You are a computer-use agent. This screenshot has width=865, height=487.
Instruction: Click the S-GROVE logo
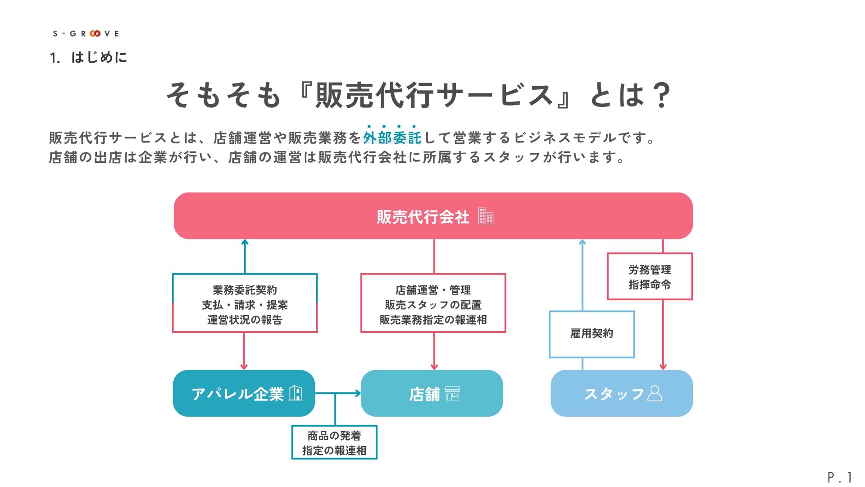pos(86,33)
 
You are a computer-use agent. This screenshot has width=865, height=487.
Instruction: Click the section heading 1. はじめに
pos(88,57)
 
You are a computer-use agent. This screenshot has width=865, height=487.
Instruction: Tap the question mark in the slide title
pos(661,95)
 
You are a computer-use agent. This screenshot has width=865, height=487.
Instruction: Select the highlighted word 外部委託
pos(392,138)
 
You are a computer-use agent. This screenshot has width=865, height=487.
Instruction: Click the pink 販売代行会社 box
pos(433,216)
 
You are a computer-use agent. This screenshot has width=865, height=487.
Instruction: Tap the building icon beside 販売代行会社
pos(486,216)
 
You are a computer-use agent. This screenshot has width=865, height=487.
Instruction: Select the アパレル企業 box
pos(244,393)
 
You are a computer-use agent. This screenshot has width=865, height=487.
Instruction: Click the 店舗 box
pos(432,393)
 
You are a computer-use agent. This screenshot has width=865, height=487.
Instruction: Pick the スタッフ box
pos(622,393)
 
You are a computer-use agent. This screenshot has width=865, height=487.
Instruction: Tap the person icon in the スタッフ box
pos(655,393)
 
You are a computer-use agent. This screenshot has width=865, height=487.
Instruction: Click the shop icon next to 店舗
pos(452,393)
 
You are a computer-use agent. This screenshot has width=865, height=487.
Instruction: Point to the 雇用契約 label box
pos(592,334)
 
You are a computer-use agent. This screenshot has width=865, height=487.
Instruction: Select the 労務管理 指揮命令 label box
pos(650,276)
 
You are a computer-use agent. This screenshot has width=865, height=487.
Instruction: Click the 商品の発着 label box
pos(334,442)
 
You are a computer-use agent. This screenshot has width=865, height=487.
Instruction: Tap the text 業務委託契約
pos(245,290)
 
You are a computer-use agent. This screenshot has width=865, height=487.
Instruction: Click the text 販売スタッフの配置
pos(433,305)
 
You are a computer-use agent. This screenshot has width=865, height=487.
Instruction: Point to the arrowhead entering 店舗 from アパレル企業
pos(358,393)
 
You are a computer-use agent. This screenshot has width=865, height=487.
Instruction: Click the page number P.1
pos(840,477)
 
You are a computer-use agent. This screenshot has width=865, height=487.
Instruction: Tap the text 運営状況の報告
pos(245,320)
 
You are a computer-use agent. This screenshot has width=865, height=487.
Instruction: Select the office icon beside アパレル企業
pos(296,393)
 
